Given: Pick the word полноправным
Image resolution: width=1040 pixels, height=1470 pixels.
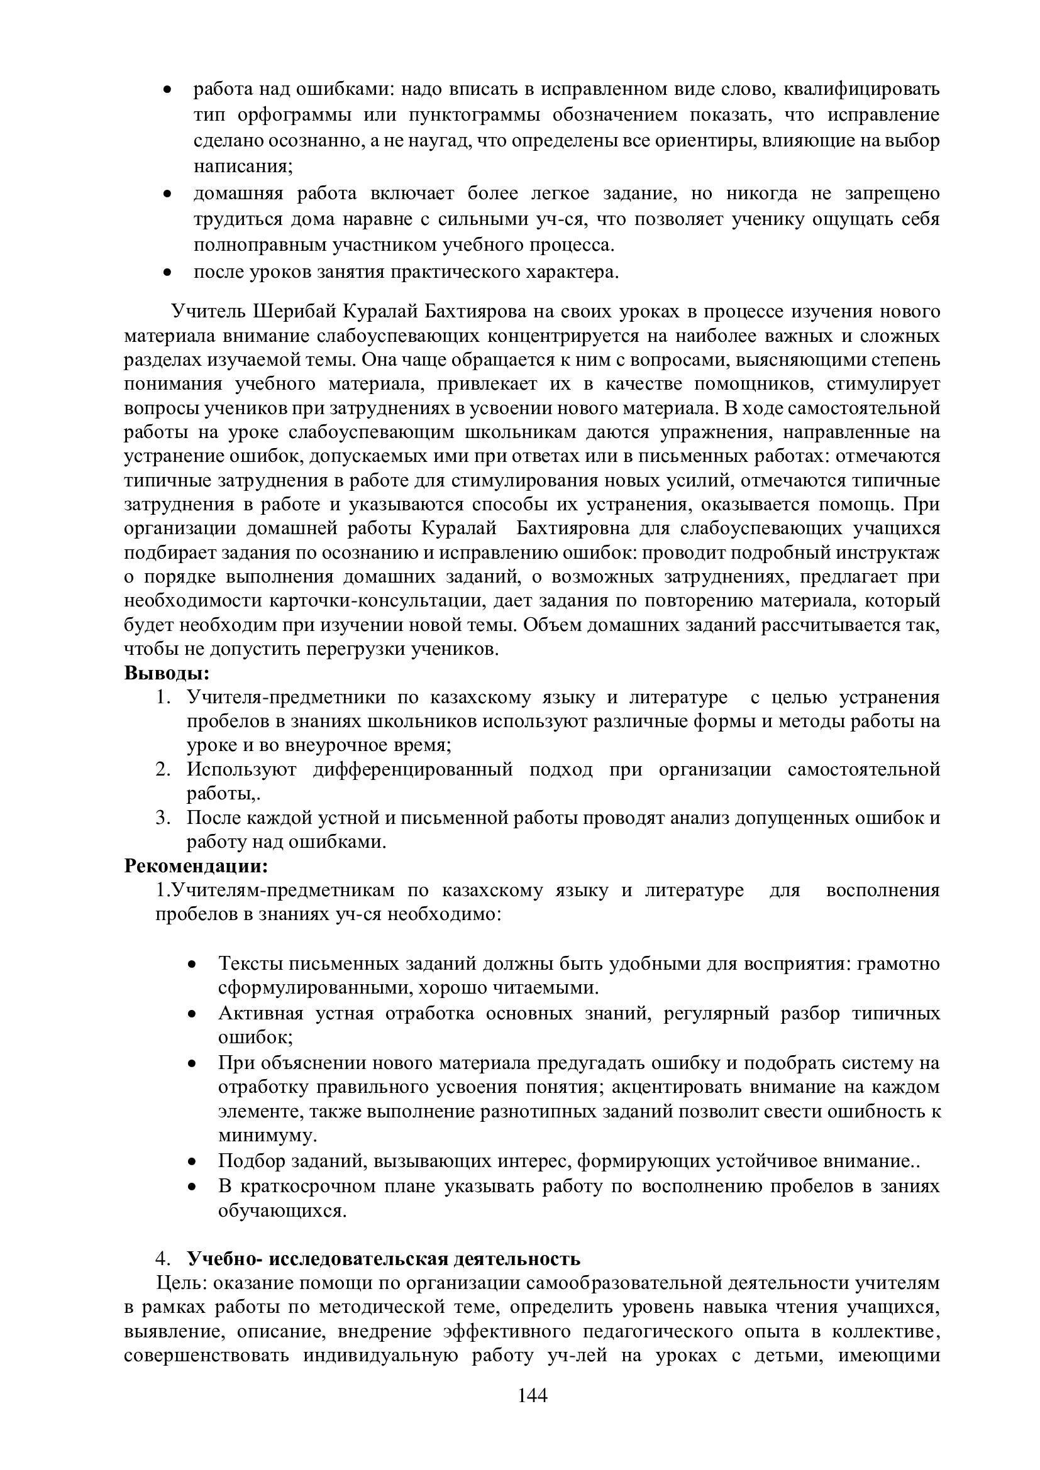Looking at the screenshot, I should click(261, 245).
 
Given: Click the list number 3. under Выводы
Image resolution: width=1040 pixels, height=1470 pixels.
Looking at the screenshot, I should click(163, 818).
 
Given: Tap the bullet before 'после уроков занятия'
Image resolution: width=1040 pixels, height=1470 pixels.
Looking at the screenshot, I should click(167, 273).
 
